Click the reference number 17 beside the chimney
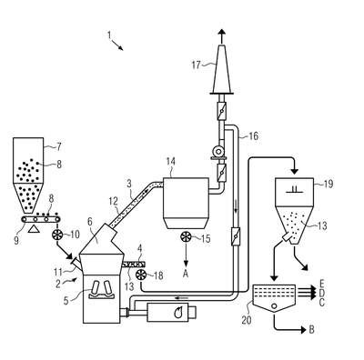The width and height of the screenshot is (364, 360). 197,65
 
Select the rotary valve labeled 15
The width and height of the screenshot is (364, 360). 186,237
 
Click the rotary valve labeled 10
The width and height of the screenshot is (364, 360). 57,235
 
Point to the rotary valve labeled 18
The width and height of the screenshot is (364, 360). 141,275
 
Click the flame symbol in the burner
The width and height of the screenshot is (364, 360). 178,312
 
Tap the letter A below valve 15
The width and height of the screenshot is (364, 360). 186,274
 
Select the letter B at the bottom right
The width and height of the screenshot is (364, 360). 311,329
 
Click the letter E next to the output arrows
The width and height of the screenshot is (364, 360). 322,284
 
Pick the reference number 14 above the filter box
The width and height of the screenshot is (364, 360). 171,161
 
